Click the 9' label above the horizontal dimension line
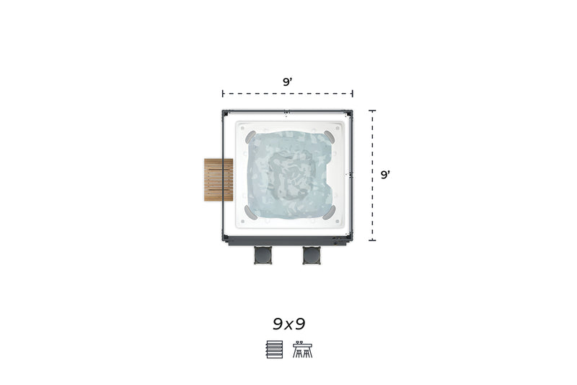287,82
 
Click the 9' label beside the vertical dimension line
385,175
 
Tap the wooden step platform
219,180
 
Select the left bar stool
263,255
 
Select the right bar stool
312,255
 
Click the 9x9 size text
289,324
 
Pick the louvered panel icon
275,350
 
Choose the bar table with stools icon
302,350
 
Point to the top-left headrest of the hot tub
250,137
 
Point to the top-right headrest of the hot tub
330,137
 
